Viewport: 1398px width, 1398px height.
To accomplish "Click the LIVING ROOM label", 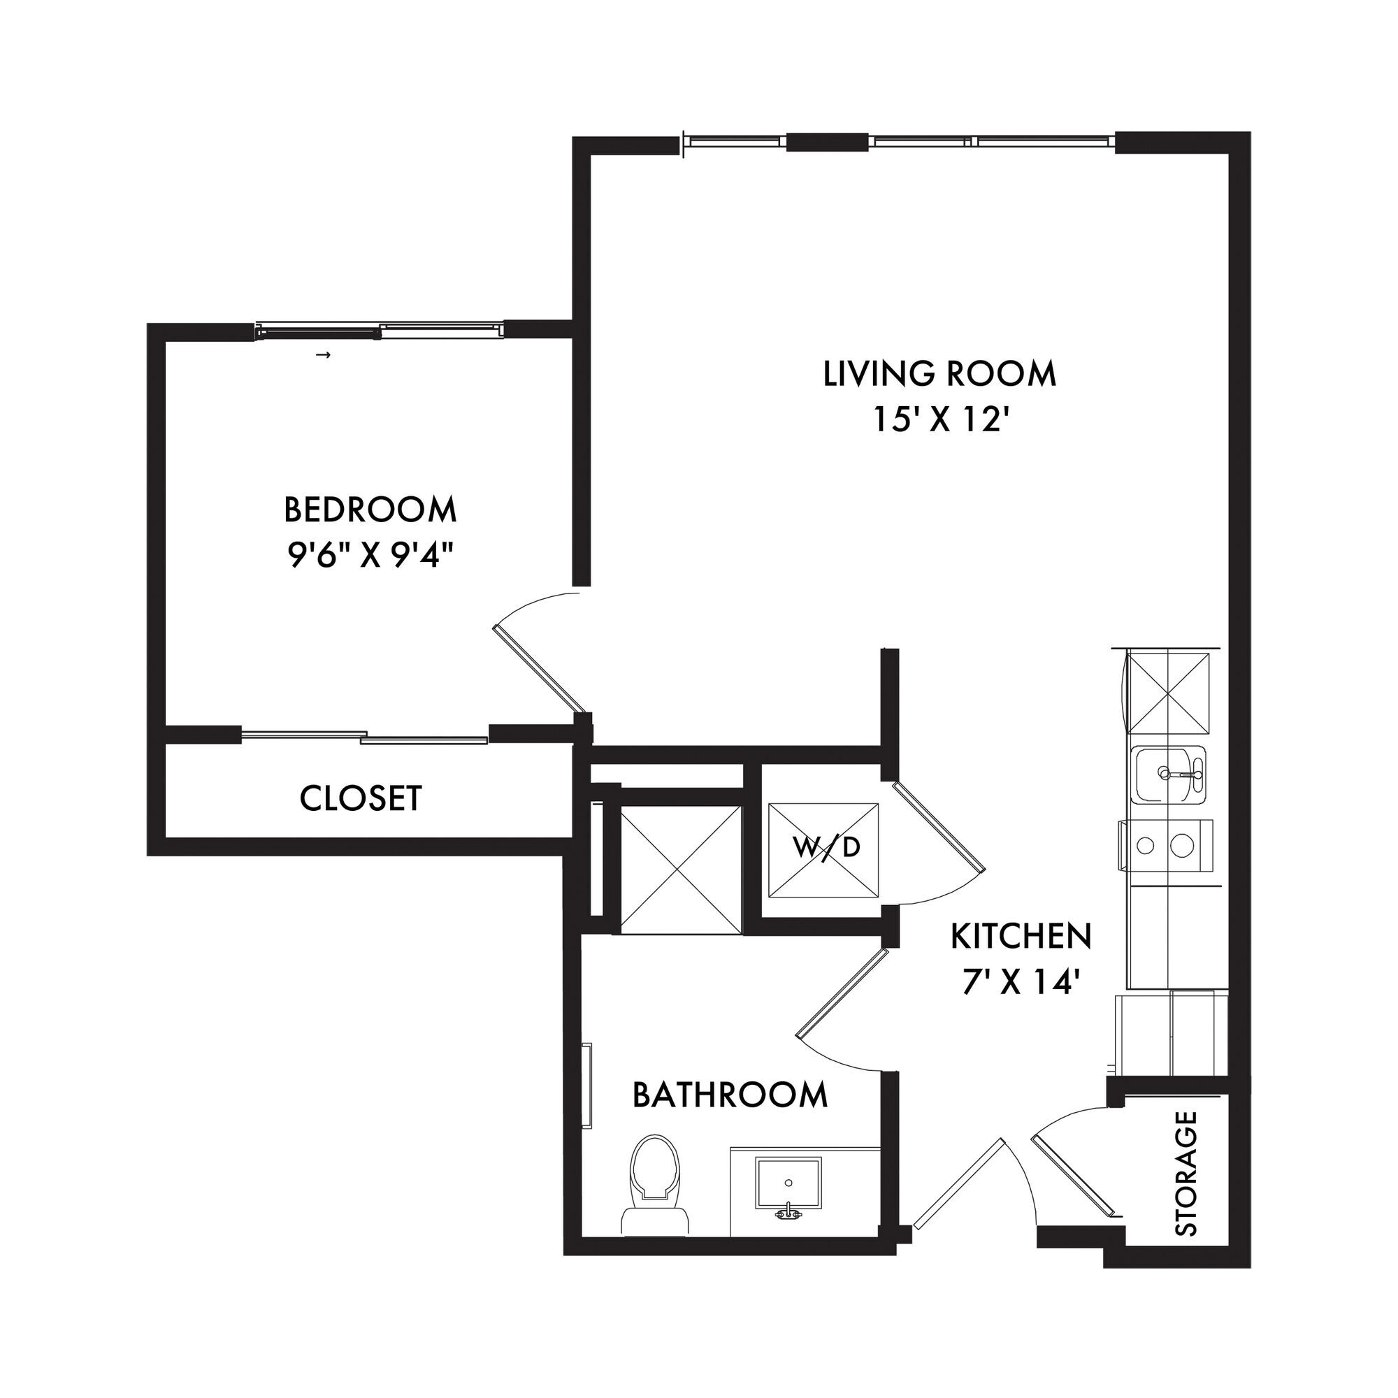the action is (939, 374).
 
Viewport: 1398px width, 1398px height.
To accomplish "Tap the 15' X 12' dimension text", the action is (940, 419).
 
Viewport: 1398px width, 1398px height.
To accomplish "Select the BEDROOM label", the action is (370, 510).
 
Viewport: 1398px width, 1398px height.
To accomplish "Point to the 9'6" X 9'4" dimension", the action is (371, 556).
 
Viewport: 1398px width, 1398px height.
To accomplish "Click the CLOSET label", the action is (361, 799).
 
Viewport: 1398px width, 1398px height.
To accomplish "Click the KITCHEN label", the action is (1021, 937).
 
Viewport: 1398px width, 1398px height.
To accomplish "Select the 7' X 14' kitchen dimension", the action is (1021, 983).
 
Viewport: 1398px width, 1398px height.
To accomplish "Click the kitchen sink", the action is (1169, 775).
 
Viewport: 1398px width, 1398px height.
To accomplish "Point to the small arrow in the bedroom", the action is (325, 354).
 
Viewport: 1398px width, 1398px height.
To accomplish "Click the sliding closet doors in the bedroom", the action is (365, 737).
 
